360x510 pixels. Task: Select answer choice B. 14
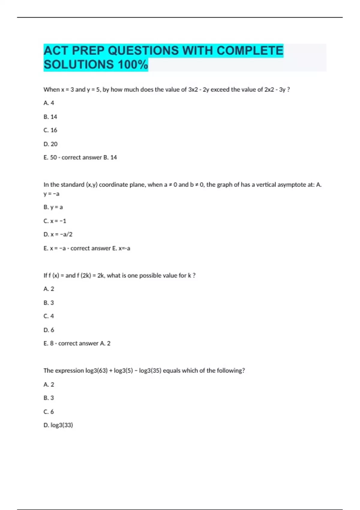pos(50,117)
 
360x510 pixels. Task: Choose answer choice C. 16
pos(50,130)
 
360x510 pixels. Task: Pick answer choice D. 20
pos(50,144)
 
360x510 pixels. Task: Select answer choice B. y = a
pos(53,207)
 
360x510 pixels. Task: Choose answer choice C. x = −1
pos(55,221)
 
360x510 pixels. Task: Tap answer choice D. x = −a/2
pos(58,234)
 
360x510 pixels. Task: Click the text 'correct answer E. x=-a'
pos(100,248)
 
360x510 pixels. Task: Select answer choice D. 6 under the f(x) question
pos(49,330)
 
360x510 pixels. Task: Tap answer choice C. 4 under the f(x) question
pos(49,316)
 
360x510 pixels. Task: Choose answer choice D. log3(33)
pos(58,425)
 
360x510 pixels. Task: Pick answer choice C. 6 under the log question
pos(49,412)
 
